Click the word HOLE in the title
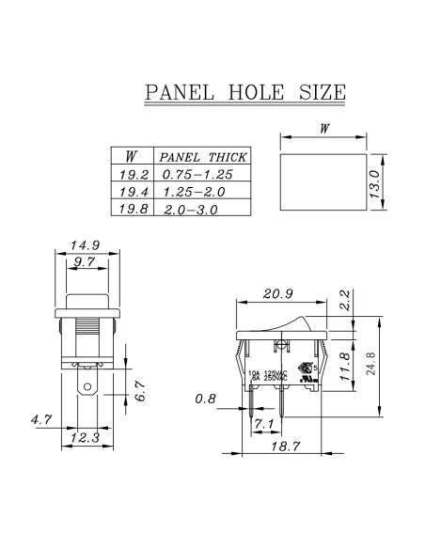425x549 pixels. tap(256, 92)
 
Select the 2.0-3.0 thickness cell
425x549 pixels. tap(190, 210)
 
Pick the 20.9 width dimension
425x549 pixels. tap(278, 295)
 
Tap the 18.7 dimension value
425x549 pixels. tap(281, 446)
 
